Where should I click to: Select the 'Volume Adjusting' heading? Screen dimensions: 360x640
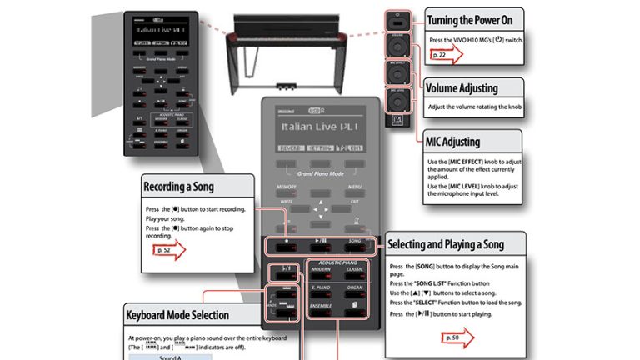[473, 87]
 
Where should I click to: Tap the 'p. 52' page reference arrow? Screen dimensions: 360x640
[167, 248]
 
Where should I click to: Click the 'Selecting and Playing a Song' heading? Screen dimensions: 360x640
[457, 244]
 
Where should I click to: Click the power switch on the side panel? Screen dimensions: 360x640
[397, 20]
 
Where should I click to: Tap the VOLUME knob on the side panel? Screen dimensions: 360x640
[397, 46]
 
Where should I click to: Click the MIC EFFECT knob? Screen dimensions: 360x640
[397, 73]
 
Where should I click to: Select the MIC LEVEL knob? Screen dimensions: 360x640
[397, 101]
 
